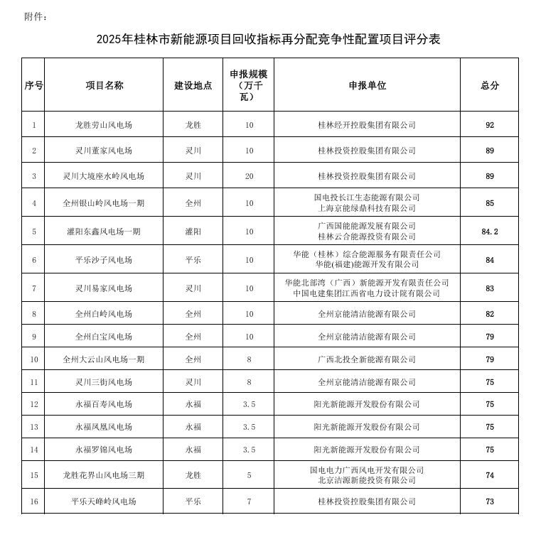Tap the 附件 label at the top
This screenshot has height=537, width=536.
(36, 16)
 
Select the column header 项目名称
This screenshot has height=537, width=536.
(104, 85)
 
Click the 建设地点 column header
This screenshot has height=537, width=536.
(193, 85)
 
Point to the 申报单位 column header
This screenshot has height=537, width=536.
(367, 85)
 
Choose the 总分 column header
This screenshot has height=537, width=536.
(490, 85)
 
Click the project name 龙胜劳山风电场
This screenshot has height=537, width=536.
(104, 125)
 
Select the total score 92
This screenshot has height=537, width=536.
(490, 125)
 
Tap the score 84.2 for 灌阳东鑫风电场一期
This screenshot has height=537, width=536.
(490, 232)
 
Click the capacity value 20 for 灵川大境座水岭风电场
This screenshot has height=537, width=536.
(249, 176)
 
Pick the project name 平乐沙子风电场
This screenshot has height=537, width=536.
(104, 260)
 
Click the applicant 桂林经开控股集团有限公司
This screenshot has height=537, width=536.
(367, 125)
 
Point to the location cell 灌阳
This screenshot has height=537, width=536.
(193, 232)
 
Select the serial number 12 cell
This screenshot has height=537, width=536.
(33, 404)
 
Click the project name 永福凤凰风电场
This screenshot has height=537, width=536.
(104, 427)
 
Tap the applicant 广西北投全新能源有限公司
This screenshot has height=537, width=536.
(367, 359)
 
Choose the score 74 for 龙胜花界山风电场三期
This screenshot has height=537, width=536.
(490, 475)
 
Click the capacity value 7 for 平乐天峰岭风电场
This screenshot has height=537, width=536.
(249, 501)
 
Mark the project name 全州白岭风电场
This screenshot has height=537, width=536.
(104, 314)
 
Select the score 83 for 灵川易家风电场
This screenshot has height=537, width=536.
(490, 288)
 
